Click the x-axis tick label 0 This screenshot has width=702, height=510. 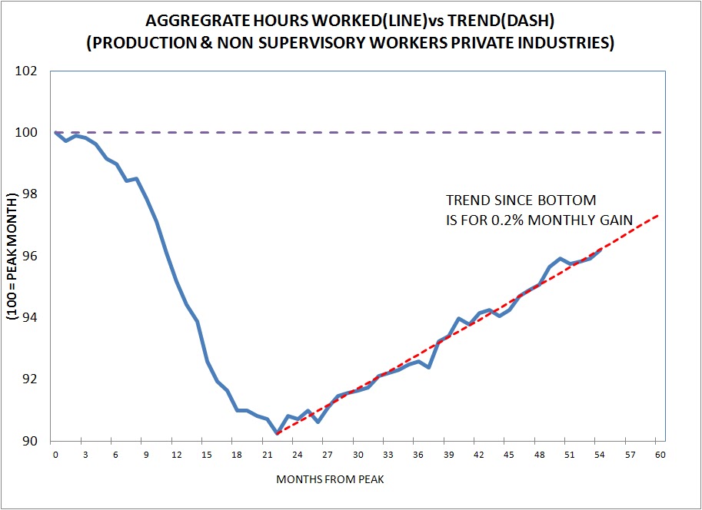tap(55, 455)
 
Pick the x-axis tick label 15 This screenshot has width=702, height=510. tap(207, 455)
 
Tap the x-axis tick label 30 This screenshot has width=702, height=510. tap(358, 455)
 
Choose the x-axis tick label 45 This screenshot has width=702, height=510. tap(509, 455)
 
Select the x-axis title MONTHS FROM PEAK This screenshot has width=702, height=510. tap(358, 480)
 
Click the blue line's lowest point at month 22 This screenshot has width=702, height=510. tap(277, 434)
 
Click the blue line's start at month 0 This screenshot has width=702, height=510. tap(55, 132)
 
